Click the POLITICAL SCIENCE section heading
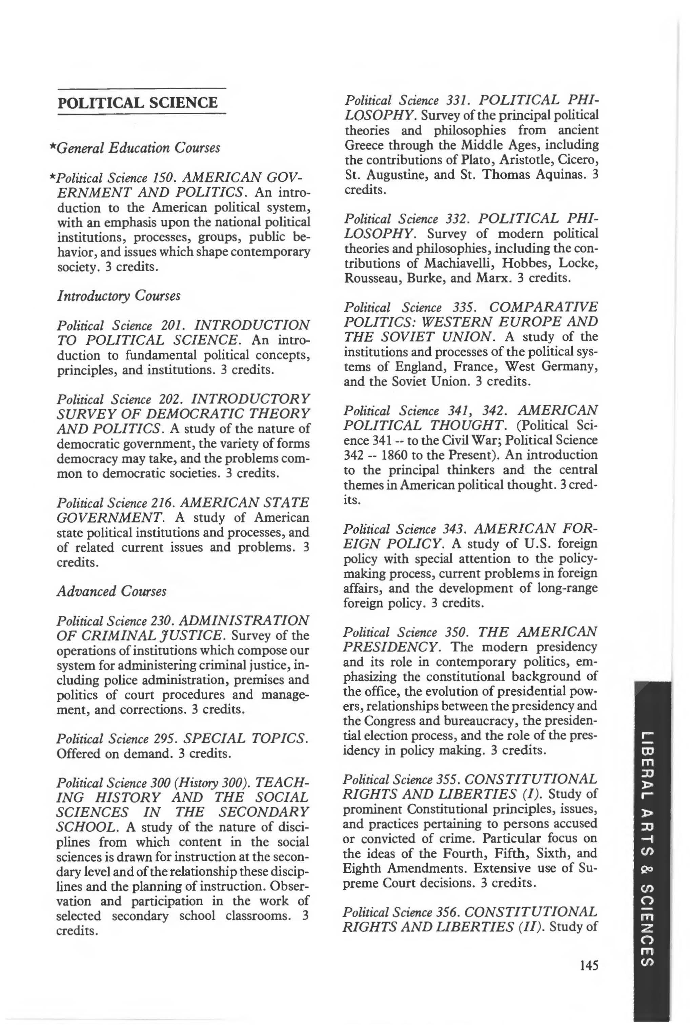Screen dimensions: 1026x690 137,102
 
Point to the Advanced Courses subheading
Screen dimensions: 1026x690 111,591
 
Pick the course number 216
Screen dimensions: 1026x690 163,502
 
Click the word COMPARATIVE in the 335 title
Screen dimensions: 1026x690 544,307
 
